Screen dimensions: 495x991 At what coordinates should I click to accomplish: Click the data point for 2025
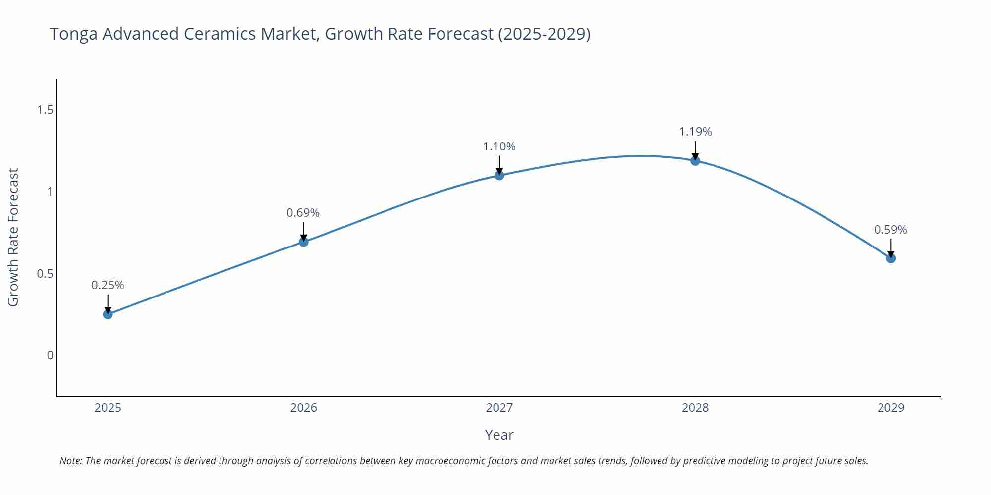pos(108,314)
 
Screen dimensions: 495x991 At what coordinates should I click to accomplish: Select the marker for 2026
pos(303,242)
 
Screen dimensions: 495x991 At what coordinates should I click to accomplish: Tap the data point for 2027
pos(499,175)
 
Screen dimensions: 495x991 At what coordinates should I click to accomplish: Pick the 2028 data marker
pos(695,160)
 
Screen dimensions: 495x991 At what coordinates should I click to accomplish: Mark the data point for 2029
pos(890,258)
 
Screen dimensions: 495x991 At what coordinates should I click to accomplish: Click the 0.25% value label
pos(108,285)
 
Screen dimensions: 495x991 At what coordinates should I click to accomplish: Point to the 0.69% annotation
pos(303,213)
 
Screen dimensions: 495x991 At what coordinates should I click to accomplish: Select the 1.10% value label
pos(499,147)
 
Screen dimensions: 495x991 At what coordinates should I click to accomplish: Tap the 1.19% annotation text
pos(695,132)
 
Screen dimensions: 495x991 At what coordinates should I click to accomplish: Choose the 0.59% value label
pos(890,230)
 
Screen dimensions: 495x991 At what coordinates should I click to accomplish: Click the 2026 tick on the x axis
pos(303,408)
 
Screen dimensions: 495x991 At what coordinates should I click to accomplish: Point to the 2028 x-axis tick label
pos(695,408)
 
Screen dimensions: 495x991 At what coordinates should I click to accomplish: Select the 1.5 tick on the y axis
pos(45,110)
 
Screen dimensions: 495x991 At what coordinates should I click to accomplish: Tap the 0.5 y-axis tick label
pos(45,274)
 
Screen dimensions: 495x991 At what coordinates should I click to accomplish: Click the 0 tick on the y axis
pos(50,355)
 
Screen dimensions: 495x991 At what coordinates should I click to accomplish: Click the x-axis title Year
pos(499,435)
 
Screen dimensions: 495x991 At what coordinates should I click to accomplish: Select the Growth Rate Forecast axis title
pos(13,237)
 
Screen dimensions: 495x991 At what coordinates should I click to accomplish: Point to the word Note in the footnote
pos(70,461)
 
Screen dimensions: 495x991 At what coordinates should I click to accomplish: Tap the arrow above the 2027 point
pos(499,164)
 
